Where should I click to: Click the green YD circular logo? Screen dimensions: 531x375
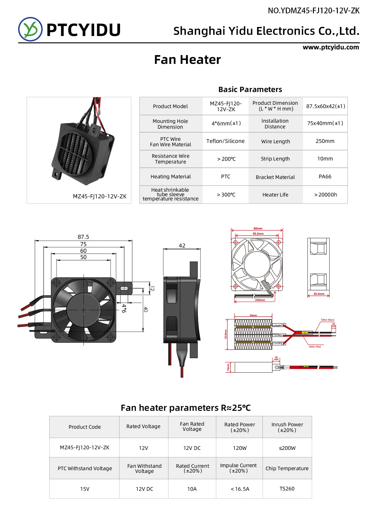30,29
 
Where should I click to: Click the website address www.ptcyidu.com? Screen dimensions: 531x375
331,47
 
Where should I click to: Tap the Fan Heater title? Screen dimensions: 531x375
187,60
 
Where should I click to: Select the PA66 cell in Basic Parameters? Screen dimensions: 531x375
325,176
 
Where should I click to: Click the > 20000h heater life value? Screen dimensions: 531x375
325,195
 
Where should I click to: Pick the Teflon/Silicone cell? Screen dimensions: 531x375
225,141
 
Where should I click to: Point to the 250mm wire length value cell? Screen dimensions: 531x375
325,141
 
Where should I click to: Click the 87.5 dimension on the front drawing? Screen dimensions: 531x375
83,237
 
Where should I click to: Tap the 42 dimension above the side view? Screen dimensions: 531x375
182,246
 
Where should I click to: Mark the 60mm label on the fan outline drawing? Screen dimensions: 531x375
258,229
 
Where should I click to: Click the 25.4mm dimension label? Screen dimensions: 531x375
319,294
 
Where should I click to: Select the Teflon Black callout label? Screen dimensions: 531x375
328,320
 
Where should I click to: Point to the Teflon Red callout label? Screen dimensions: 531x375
315,347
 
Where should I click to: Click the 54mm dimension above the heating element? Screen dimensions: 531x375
253,315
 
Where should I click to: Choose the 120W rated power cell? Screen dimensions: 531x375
240,448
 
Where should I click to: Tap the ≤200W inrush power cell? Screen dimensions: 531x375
287,448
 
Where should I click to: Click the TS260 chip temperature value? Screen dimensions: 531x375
287,489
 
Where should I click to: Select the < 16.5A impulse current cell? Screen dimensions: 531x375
240,489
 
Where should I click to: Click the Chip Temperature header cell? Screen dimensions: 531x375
287,468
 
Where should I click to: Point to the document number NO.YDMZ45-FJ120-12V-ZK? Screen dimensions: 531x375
314,11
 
